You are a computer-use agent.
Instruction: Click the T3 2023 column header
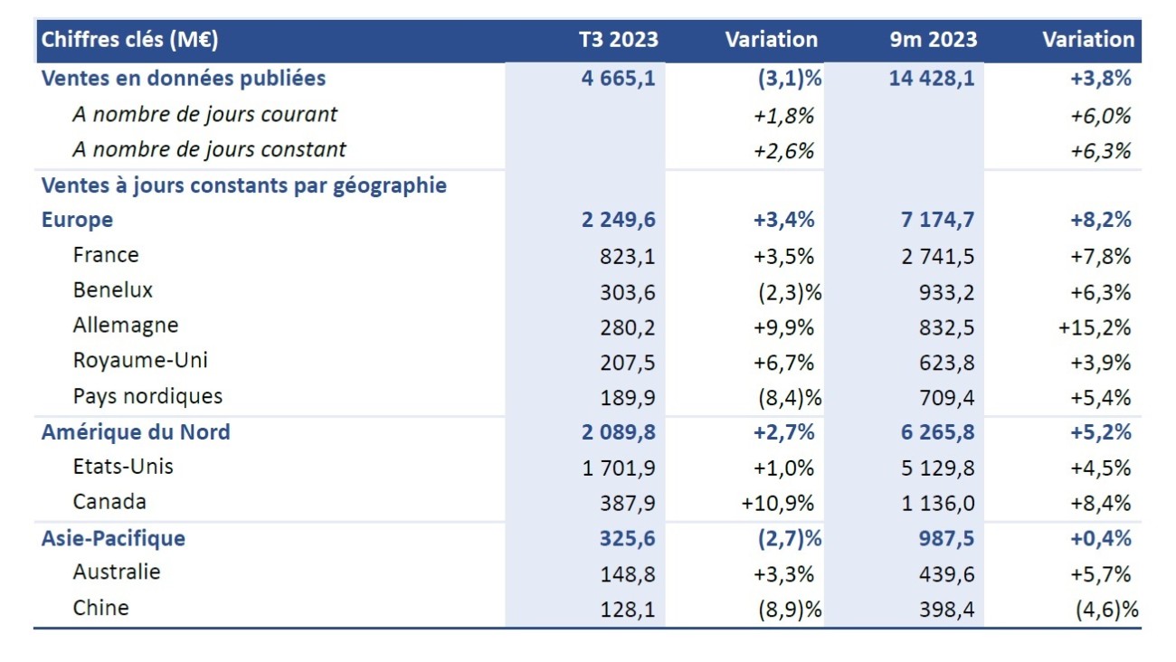click(x=619, y=40)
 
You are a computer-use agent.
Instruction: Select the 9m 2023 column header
click(x=933, y=40)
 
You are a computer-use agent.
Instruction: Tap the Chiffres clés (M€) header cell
click(x=130, y=40)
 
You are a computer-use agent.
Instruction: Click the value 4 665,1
click(x=619, y=79)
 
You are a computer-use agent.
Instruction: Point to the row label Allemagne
click(x=126, y=326)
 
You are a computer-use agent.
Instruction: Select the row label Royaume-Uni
click(x=140, y=360)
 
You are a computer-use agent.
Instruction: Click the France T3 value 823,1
click(x=627, y=256)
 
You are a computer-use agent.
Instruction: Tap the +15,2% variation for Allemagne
click(x=1095, y=326)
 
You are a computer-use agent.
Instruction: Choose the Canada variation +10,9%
click(x=778, y=503)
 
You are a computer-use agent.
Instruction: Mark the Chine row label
click(x=100, y=608)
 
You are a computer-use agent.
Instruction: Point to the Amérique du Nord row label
click(x=136, y=432)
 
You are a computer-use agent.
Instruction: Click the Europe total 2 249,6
click(x=619, y=220)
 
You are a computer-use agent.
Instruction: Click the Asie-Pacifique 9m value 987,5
click(x=946, y=539)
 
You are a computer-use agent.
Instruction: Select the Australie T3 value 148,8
click(x=627, y=573)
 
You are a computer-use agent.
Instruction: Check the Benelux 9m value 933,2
click(x=946, y=291)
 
